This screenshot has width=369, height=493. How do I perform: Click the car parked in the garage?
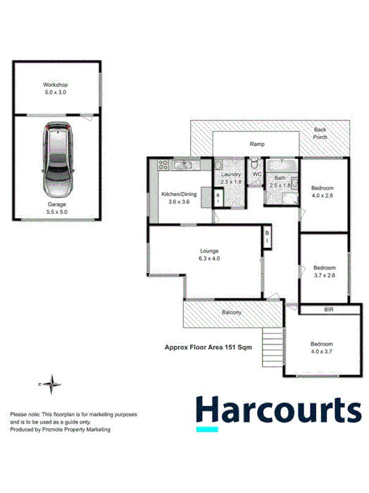coord(57,160)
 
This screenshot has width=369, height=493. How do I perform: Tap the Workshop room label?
coord(56,87)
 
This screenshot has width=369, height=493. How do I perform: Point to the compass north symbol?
coord(52,384)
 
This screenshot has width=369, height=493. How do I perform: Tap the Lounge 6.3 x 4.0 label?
coord(209,254)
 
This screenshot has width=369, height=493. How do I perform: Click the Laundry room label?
coord(231,178)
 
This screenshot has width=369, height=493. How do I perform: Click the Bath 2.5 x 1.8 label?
coord(280,181)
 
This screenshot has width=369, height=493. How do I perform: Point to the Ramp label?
coord(257,144)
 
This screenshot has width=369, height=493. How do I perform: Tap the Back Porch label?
coord(320,133)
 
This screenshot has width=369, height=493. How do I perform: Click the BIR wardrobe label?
coord(329,309)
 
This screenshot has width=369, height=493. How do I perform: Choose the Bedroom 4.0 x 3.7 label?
coord(325,347)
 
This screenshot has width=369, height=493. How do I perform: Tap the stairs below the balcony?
coord(273,346)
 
